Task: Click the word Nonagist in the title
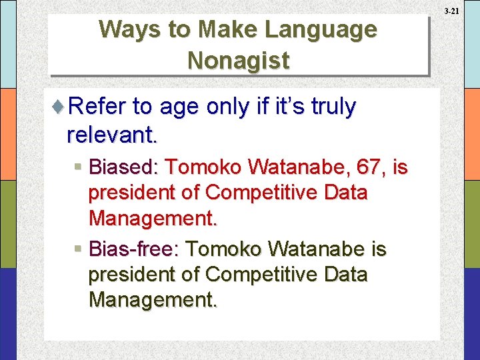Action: click(x=238, y=60)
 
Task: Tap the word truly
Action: click(x=327, y=107)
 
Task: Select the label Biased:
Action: click(x=124, y=167)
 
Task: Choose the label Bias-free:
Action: click(x=133, y=249)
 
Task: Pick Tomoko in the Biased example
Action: click(x=199, y=167)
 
